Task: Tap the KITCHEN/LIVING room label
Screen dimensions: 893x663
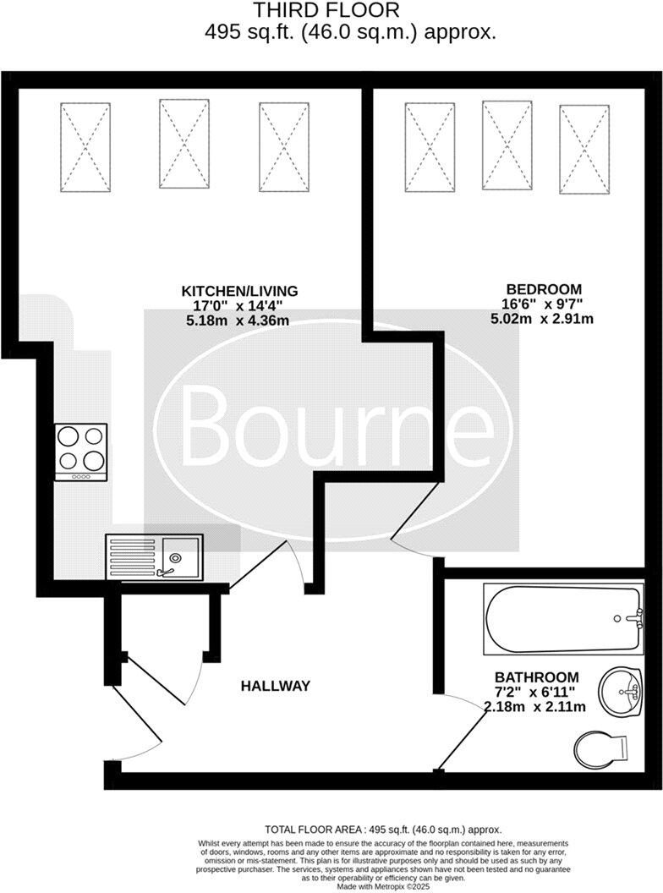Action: [x=240, y=291]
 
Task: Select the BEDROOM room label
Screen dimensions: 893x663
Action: [x=542, y=288]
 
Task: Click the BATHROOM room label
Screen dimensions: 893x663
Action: [x=537, y=677]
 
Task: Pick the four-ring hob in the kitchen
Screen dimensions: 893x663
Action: [x=81, y=451]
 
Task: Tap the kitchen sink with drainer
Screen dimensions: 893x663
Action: [x=154, y=556]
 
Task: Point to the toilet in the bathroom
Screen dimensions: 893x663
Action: [x=600, y=748]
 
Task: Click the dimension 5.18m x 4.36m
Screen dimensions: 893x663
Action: [x=237, y=320]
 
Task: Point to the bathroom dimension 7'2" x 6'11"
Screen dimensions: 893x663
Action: [x=533, y=693]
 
